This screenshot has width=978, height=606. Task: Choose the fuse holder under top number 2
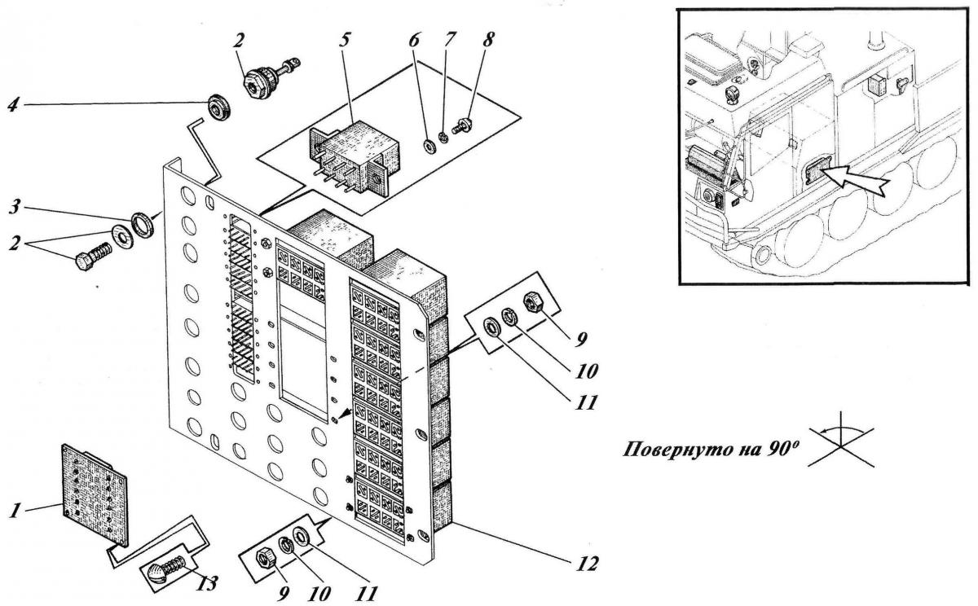(263, 80)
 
